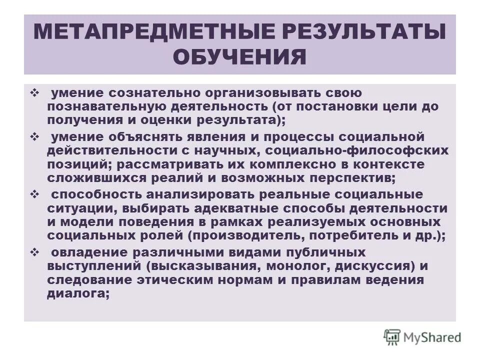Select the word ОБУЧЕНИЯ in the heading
pos(239,56)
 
